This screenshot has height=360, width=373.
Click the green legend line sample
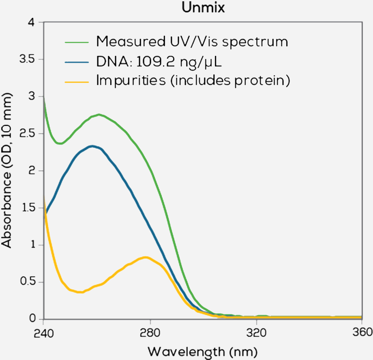(76, 42)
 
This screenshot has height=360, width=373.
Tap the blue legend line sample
(76, 62)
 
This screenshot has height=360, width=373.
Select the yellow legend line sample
(76, 81)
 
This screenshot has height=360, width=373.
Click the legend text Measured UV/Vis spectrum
(192, 41)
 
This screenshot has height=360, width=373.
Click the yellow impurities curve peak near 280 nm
(145, 257)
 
